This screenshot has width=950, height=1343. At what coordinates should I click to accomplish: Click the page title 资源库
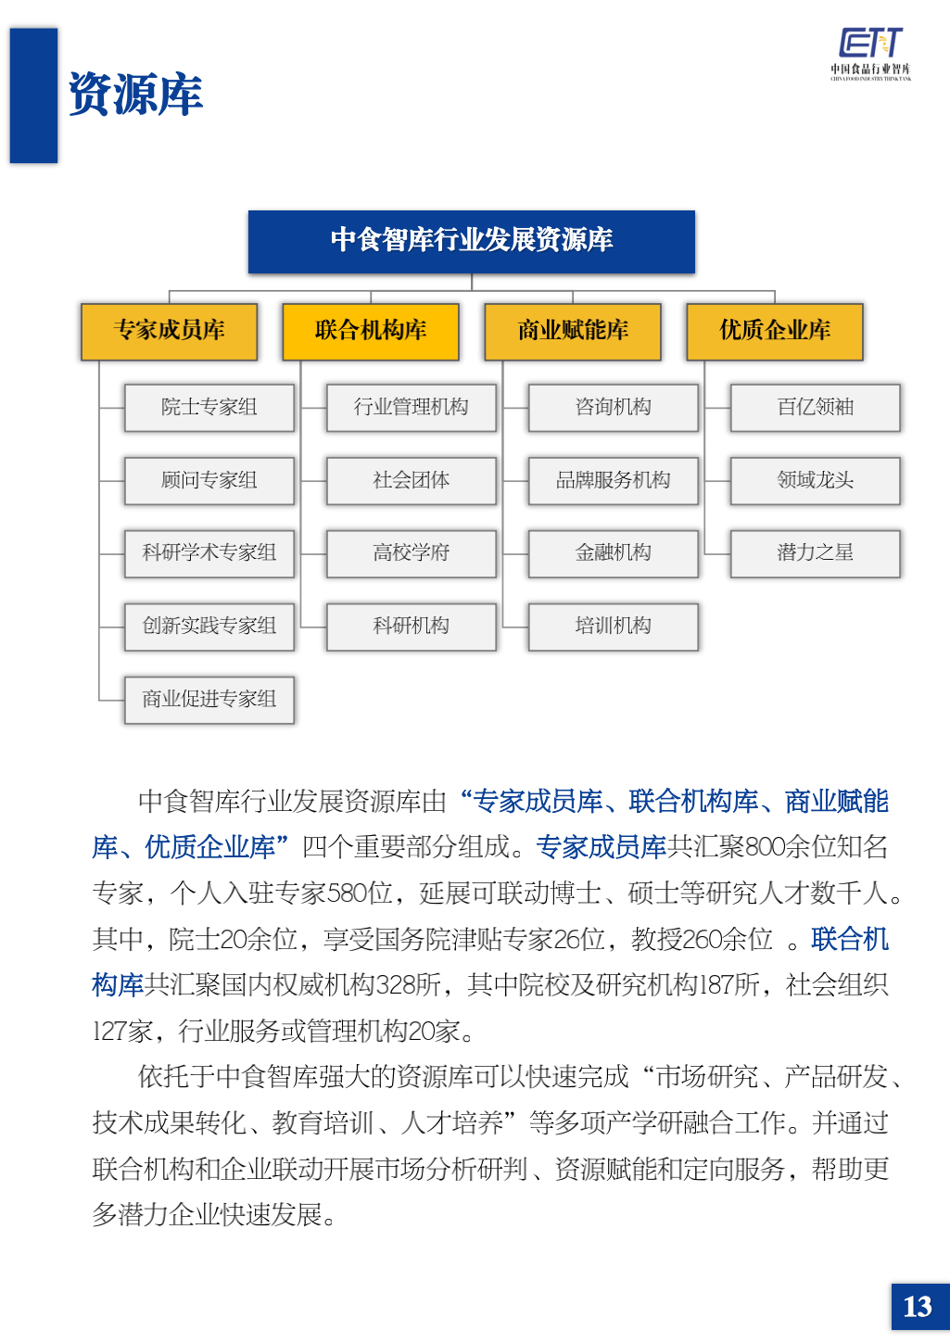(135, 95)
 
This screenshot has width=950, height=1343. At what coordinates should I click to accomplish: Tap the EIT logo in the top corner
(870, 54)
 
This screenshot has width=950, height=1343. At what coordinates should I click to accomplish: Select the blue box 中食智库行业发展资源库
(471, 241)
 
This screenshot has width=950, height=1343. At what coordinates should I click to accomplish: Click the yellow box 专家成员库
(169, 331)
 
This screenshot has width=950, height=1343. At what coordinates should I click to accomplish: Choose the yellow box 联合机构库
(371, 331)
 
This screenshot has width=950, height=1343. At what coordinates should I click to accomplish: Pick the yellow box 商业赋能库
(573, 331)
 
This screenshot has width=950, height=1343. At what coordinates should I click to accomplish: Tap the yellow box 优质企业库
(775, 331)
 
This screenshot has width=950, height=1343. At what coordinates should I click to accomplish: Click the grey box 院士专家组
(209, 407)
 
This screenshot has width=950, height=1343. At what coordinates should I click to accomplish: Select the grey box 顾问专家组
(209, 480)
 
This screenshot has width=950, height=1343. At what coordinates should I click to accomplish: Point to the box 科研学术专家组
(209, 553)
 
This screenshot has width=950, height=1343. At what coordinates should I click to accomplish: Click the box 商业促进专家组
(209, 699)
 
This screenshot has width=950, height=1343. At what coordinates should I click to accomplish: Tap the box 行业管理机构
(412, 407)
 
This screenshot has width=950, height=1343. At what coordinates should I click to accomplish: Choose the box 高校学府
(412, 553)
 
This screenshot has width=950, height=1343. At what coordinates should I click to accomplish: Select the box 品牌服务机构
(614, 480)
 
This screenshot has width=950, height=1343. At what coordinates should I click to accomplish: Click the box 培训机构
(614, 627)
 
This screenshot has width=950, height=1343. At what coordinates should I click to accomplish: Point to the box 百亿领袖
(816, 407)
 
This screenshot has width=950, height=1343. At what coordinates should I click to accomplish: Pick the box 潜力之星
(816, 553)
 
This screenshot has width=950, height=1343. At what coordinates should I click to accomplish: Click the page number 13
(918, 1307)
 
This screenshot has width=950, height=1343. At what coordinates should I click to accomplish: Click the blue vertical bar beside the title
(33, 95)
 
